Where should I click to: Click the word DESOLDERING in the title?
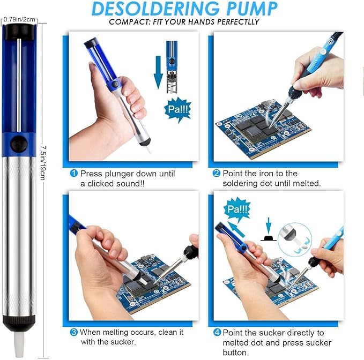[x=155, y=9]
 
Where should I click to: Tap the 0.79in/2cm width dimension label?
[x=19, y=19]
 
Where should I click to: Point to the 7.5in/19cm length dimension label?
[x=43, y=163]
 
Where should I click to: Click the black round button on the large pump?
[x=19, y=144]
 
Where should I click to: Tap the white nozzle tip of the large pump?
[x=19, y=344]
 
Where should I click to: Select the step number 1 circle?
[x=74, y=173]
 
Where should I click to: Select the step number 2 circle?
[x=217, y=173]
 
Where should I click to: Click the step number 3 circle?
[x=74, y=332]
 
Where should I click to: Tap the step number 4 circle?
[x=217, y=332]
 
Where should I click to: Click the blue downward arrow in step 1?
[x=158, y=72]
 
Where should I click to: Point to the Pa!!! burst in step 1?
[x=177, y=109]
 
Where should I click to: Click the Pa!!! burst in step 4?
[x=237, y=209]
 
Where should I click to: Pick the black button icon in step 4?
[x=269, y=238]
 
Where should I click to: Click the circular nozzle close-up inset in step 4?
[x=295, y=239]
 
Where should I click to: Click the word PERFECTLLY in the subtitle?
[x=238, y=22]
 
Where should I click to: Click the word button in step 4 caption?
[x=236, y=352]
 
